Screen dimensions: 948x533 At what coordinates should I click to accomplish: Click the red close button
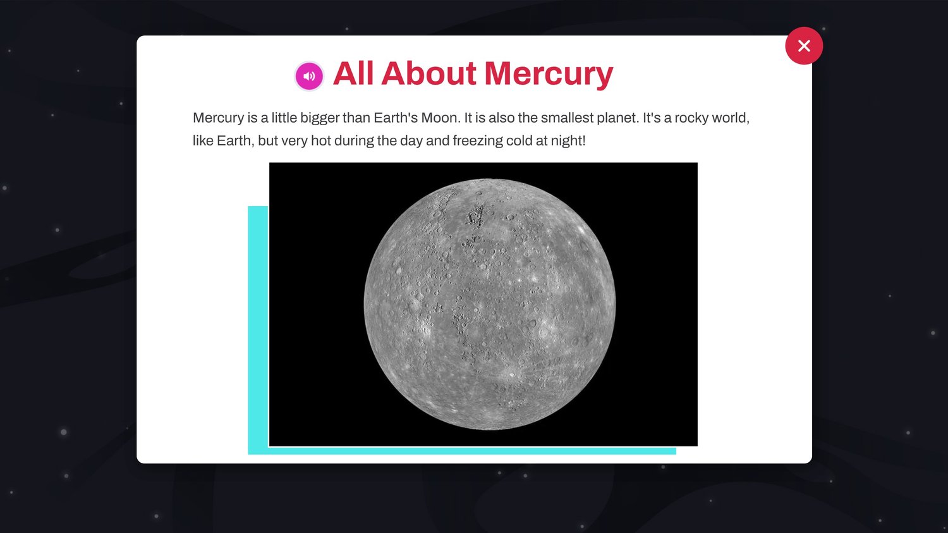tap(804, 46)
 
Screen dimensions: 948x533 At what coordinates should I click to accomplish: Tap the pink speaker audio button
tap(310, 77)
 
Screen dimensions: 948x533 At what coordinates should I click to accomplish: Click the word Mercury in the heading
tap(549, 75)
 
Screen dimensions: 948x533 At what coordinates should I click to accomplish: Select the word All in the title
tap(353, 73)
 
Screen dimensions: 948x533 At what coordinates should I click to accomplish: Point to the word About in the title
tap(428, 73)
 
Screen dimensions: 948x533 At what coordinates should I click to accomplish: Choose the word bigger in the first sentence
tap(320, 118)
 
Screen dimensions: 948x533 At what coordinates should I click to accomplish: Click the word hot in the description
tap(321, 140)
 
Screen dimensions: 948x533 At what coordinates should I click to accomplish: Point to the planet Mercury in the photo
tap(490, 304)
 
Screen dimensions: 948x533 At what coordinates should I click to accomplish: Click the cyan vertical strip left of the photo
tap(258, 328)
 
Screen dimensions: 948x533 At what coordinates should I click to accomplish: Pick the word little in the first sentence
tap(284, 118)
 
